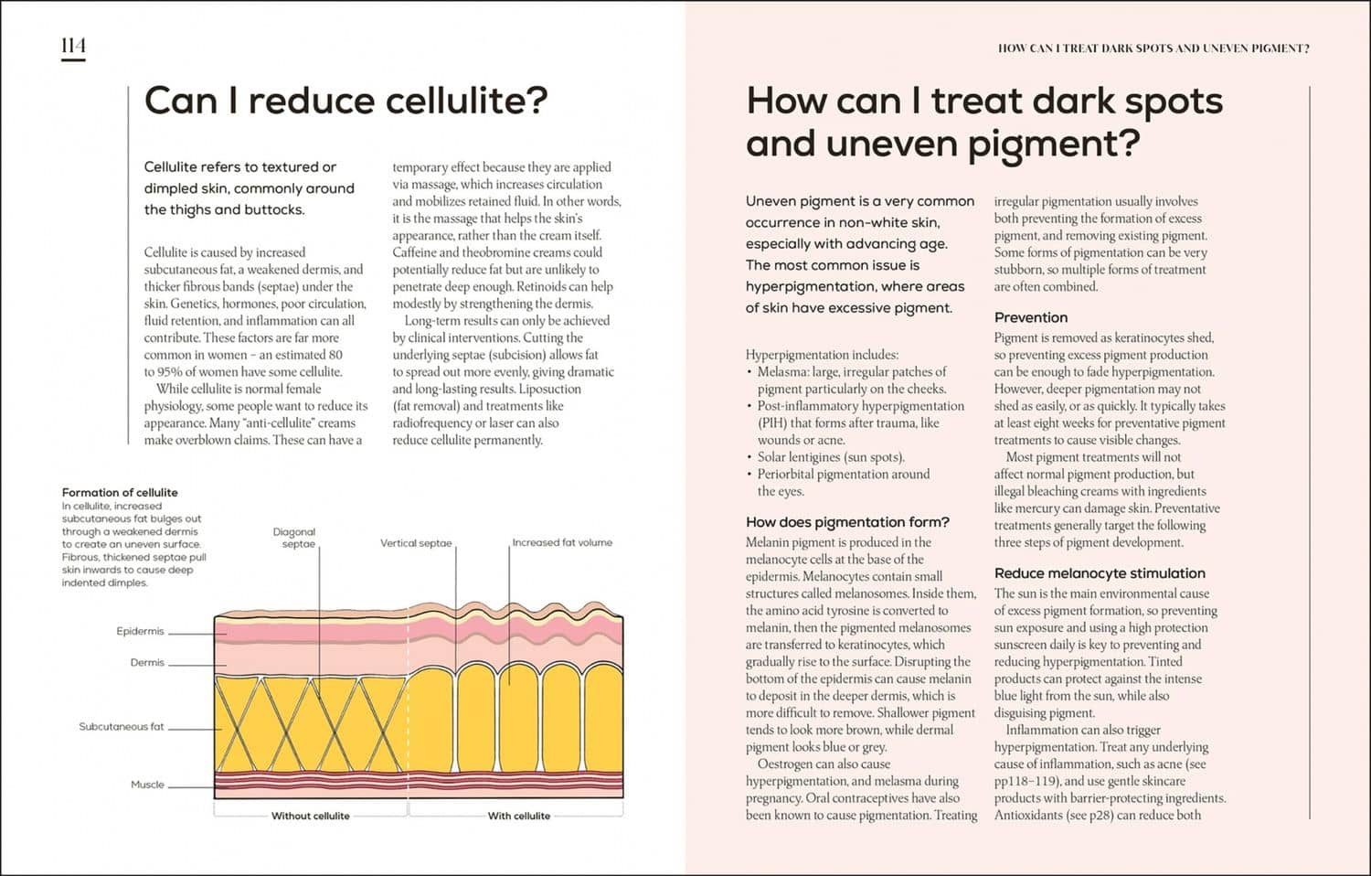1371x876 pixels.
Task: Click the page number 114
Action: (73, 46)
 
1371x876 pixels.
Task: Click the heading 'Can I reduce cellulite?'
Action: (345, 101)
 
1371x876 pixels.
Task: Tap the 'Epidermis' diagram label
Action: (140, 631)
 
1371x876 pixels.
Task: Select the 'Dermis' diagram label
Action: (147, 662)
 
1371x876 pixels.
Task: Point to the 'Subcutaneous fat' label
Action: (122, 727)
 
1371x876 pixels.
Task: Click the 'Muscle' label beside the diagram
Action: (147, 785)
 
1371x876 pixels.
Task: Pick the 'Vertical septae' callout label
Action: (416, 543)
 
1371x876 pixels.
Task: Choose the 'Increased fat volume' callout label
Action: (562, 542)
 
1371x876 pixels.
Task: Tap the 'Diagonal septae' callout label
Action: (294, 538)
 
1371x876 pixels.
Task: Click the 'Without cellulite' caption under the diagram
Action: (311, 816)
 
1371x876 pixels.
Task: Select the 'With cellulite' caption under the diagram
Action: (519, 816)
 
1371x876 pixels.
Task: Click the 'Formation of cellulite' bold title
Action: (120, 493)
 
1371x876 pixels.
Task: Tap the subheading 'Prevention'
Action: (1031, 317)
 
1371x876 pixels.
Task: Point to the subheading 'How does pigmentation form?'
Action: (847, 522)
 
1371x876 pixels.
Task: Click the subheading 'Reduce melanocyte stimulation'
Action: (1100, 573)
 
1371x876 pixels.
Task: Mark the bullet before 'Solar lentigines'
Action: (749, 457)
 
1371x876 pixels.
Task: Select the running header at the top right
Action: (1153, 48)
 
